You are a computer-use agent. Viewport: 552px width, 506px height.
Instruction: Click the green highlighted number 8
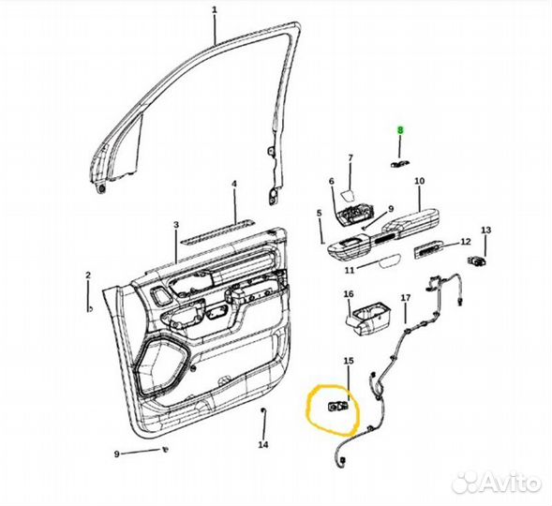point(400,130)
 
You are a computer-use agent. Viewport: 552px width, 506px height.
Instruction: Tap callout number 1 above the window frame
point(215,10)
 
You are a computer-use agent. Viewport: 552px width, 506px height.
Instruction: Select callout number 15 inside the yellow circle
point(349,361)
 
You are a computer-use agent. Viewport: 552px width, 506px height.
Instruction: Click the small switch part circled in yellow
point(338,407)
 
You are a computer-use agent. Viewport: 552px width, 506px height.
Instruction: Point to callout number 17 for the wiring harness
point(406,298)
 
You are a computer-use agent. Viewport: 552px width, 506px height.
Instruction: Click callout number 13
point(485,231)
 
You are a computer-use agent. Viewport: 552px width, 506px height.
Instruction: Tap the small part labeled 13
point(477,260)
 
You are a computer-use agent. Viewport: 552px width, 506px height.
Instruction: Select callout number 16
point(349,294)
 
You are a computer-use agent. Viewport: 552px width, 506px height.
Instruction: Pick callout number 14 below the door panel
point(263,444)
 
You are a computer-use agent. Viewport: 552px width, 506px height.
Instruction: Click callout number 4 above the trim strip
point(234,184)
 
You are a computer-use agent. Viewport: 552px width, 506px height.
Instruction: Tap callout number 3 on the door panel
point(176,225)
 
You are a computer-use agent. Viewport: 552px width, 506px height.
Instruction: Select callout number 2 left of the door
point(88,275)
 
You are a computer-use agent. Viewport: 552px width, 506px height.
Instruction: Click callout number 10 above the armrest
point(419,181)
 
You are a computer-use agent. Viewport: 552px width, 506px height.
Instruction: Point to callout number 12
point(466,242)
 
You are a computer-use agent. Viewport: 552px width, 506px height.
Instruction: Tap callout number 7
point(351,158)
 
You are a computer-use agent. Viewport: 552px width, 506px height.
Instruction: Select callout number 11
point(350,270)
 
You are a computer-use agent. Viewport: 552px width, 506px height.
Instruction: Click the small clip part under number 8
point(400,163)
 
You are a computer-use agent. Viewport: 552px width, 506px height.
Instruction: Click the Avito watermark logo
point(497,482)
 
